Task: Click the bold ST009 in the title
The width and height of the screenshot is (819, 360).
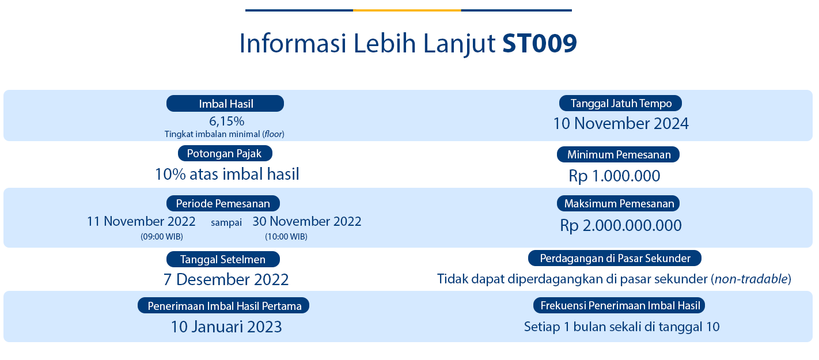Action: [x=539, y=43]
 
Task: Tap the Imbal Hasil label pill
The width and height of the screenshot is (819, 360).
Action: [x=225, y=104]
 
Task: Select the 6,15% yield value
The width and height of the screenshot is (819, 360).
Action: [x=227, y=121]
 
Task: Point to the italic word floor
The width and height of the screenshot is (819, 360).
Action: [x=274, y=134]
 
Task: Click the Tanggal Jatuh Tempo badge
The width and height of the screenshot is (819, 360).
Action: [x=620, y=103]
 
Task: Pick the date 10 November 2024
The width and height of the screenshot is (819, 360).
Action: [x=621, y=123]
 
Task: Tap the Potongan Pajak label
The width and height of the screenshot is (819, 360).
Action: [x=225, y=153]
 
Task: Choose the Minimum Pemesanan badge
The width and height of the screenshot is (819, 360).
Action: [x=618, y=154]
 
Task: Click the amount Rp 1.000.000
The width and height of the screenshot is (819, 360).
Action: [x=614, y=176]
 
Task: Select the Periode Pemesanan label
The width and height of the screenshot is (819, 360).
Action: [x=223, y=203]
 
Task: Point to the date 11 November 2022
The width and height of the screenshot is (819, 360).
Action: [x=141, y=222]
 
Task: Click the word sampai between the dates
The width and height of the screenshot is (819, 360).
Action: [x=226, y=222]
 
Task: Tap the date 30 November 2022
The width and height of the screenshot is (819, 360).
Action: [x=307, y=222]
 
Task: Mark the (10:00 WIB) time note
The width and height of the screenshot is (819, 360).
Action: [x=286, y=237]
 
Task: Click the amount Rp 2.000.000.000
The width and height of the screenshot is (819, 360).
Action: [x=621, y=225]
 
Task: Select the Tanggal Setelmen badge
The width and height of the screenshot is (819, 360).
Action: [x=223, y=259]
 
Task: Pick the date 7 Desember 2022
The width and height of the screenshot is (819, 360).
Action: [x=226, y=279]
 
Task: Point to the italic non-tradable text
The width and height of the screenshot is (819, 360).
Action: [x=752, y=279]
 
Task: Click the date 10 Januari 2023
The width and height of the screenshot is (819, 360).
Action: [x=226, y=327]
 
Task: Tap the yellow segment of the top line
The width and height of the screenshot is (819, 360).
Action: [x=407, y=10]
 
